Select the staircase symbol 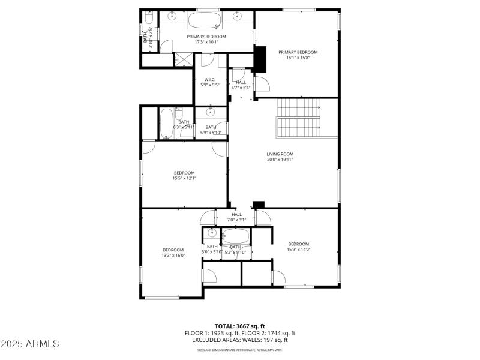point(299,118)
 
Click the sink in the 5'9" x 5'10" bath point(211,112)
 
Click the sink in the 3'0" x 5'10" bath point(211,233)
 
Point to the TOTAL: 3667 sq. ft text point(239,326)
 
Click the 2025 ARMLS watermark point(30,344)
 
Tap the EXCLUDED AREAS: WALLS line point(240,340)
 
